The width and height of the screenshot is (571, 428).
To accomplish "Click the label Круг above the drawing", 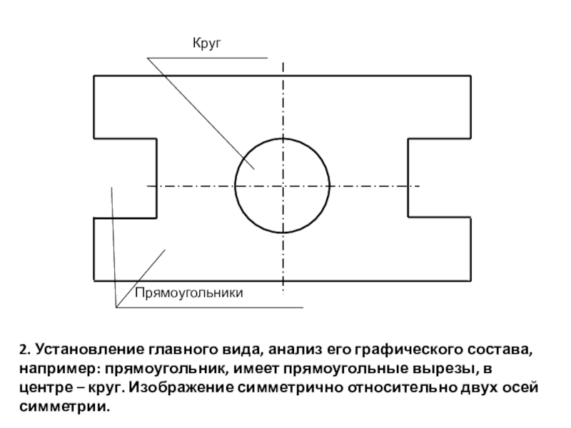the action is pos(207,44).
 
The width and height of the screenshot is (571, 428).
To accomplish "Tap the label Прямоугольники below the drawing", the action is pos(188,293).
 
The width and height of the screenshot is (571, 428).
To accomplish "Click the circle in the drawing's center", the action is pos(236,185).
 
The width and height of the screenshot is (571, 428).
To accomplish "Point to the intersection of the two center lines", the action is pos(283,186).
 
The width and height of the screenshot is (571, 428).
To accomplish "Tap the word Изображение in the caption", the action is pos(181,387).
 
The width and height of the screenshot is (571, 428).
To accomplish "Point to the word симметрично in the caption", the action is pos(290,388).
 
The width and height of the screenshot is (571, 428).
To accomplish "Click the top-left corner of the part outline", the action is pos(94,76).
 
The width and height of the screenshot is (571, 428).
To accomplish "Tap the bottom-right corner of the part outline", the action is pos(471,281).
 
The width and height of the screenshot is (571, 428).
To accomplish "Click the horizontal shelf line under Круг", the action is pos(207,58).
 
